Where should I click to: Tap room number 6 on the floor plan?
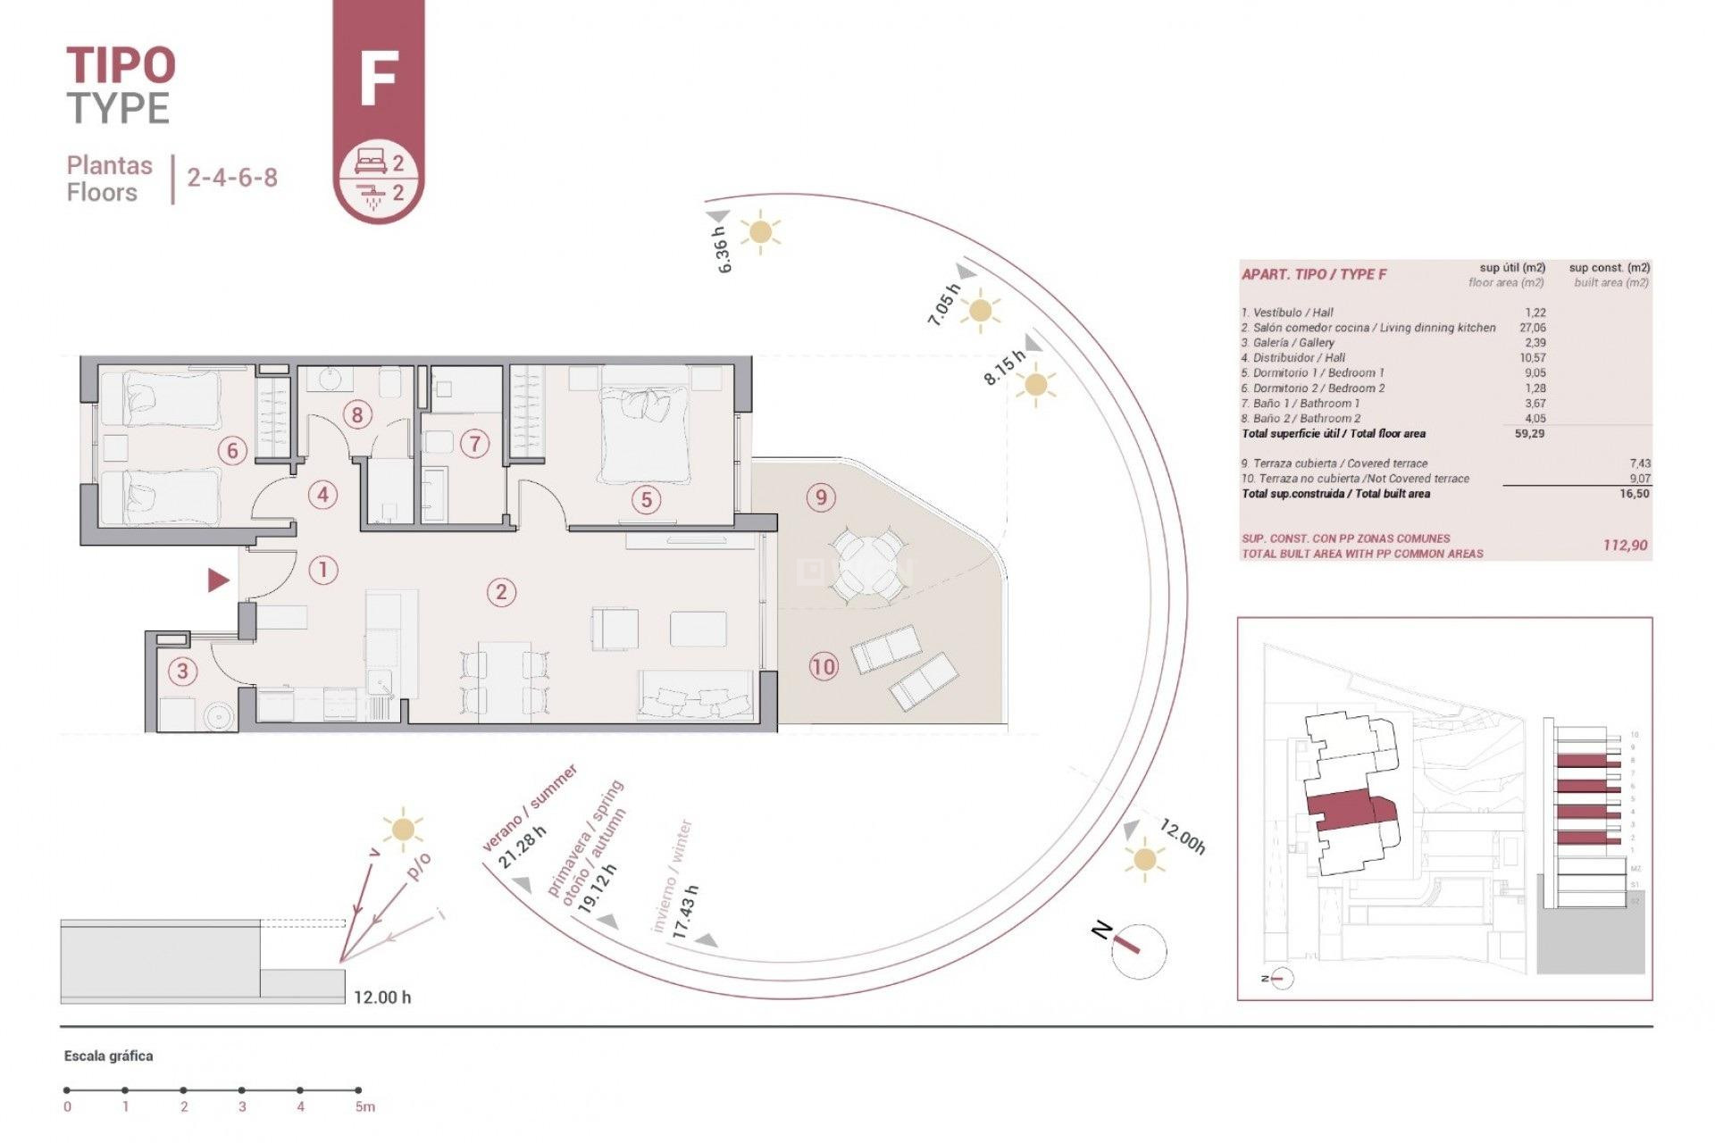pos(232,450)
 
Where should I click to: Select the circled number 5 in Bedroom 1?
pos(647,500)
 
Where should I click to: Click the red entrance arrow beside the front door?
pos(218,580)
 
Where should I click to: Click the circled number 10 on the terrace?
pos(824,665)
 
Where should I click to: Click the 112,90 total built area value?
pos(1625,545)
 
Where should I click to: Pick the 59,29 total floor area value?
pos(1529,434)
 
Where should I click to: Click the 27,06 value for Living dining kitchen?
pos(1532,328)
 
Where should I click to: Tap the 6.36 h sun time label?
pos(723,249)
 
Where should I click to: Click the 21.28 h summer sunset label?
pos(522,847)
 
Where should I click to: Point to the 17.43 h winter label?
pos(685,911)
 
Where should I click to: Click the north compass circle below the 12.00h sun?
pos(1139,951)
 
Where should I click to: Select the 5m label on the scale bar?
pos(364,1107)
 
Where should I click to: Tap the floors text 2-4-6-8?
pos(232,177)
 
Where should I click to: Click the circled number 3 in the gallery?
pos(183,671)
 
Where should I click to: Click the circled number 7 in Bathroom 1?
pos(474,443)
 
